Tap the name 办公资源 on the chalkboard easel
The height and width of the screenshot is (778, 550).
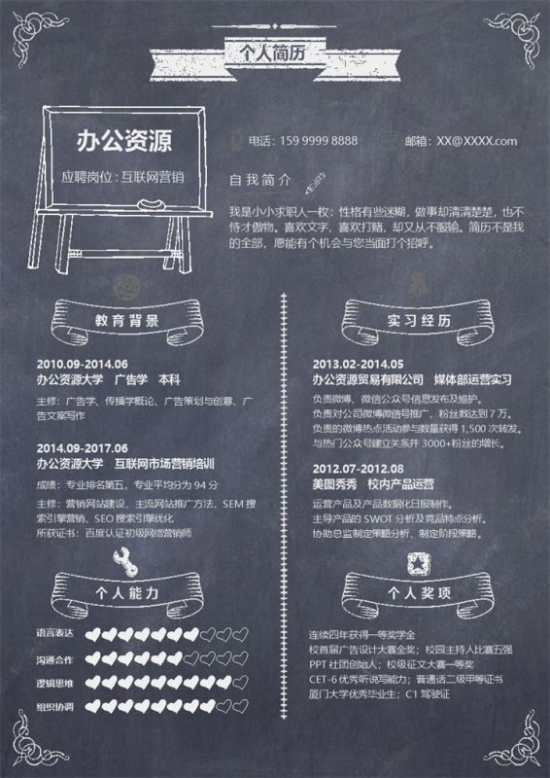[124, 142]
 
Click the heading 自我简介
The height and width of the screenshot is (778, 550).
[259, 180]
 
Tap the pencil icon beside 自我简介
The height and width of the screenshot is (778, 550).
[314, 180]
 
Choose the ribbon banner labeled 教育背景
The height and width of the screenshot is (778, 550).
[127, 319]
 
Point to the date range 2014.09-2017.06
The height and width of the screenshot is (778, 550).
[82, 447]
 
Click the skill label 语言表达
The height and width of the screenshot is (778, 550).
[54, 634]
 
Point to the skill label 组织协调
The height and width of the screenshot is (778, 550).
[54, 707]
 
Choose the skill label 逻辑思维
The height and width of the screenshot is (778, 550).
[54, 683]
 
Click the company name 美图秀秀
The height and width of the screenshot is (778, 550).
[335, 483]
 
